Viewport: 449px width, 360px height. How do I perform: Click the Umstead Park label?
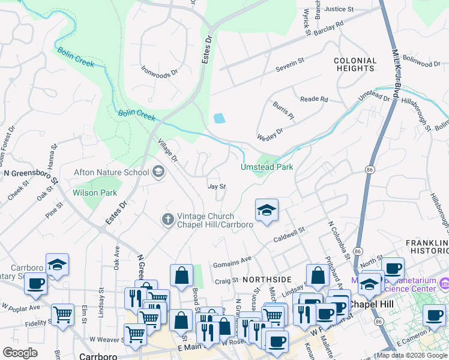pyautogui.click(x=267, y=167)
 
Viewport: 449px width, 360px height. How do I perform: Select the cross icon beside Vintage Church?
pyautogui.click(x=169, y=220)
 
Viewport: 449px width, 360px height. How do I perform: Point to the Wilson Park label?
pyautogui.click(x=95, y=193)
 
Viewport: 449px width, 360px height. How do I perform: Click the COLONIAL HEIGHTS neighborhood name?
pyautogui.click(x=355, y=65)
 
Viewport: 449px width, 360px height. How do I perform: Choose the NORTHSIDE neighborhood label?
pyautogui.click(x=267, y=280)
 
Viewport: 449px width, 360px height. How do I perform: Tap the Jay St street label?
pyautogui.click(x=216, y=187)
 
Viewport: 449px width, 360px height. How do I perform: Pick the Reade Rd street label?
pyautogui.click(x=315, y=99)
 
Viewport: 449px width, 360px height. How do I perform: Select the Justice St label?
pyautogui.click(x=339, y=9)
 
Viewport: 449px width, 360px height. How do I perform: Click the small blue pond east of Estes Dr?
pyautogui.click(x=220, y=118)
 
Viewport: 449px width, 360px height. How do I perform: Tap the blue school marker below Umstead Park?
pyautogui.click(x=267, y=211)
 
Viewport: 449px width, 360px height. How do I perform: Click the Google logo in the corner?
pyautogui.click(x=20, y=353)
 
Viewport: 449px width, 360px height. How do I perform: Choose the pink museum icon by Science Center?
pyautogui.click(x=444, y=282)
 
